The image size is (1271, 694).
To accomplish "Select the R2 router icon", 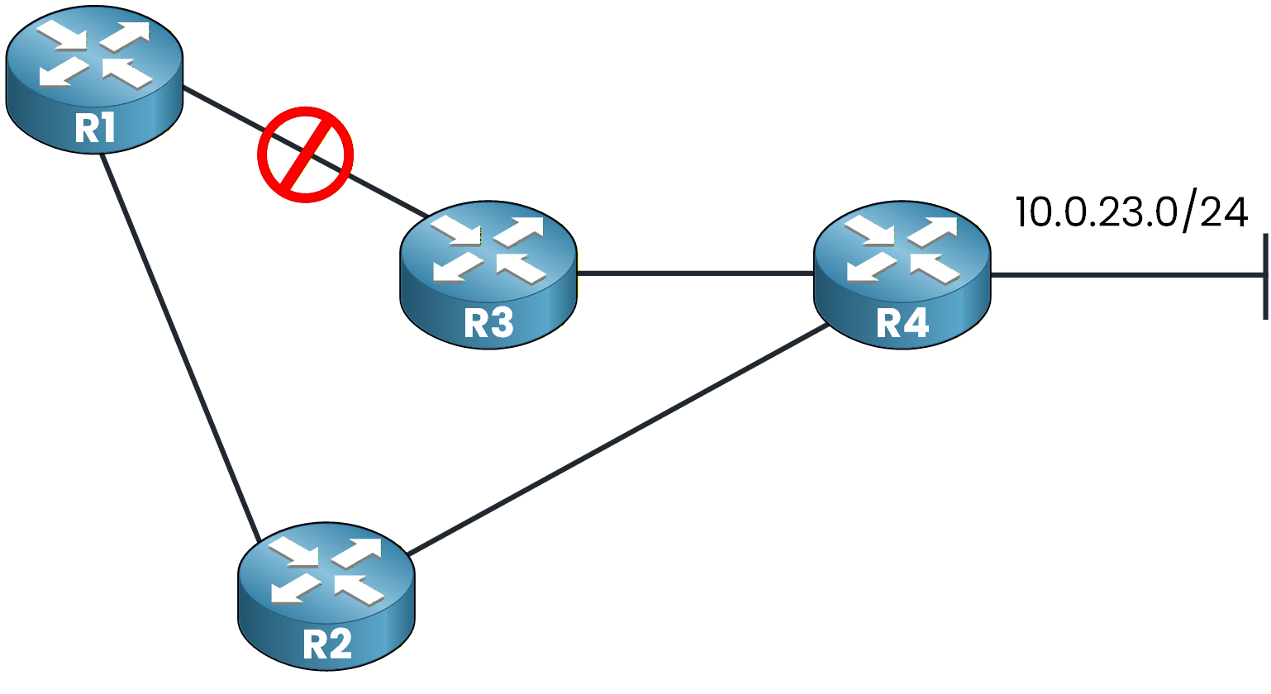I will pyautogui.click(x=326, y=595).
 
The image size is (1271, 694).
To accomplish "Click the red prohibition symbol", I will pyautogui.click(x=305, y=154).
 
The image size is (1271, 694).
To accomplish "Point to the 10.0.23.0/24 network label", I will pyautogui.click(x=1131, y=212).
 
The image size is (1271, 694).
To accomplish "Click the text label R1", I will pyautogui.click(x=94, y=128).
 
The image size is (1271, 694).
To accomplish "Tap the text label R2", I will pyautogui.click(x=327, y=644).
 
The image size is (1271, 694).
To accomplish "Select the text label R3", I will pyautogui.click(x=488, y=323).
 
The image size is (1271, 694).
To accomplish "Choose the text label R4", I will pyautogui.click(x=902, y=323).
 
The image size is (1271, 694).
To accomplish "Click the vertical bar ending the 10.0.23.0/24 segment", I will pyautogui.click(x=1264, y=276).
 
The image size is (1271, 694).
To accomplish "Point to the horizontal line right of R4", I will pyautogui.click(x=1124, y=274).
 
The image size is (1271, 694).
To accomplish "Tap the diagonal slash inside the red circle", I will pyautogui.click(x=305, y=154).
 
